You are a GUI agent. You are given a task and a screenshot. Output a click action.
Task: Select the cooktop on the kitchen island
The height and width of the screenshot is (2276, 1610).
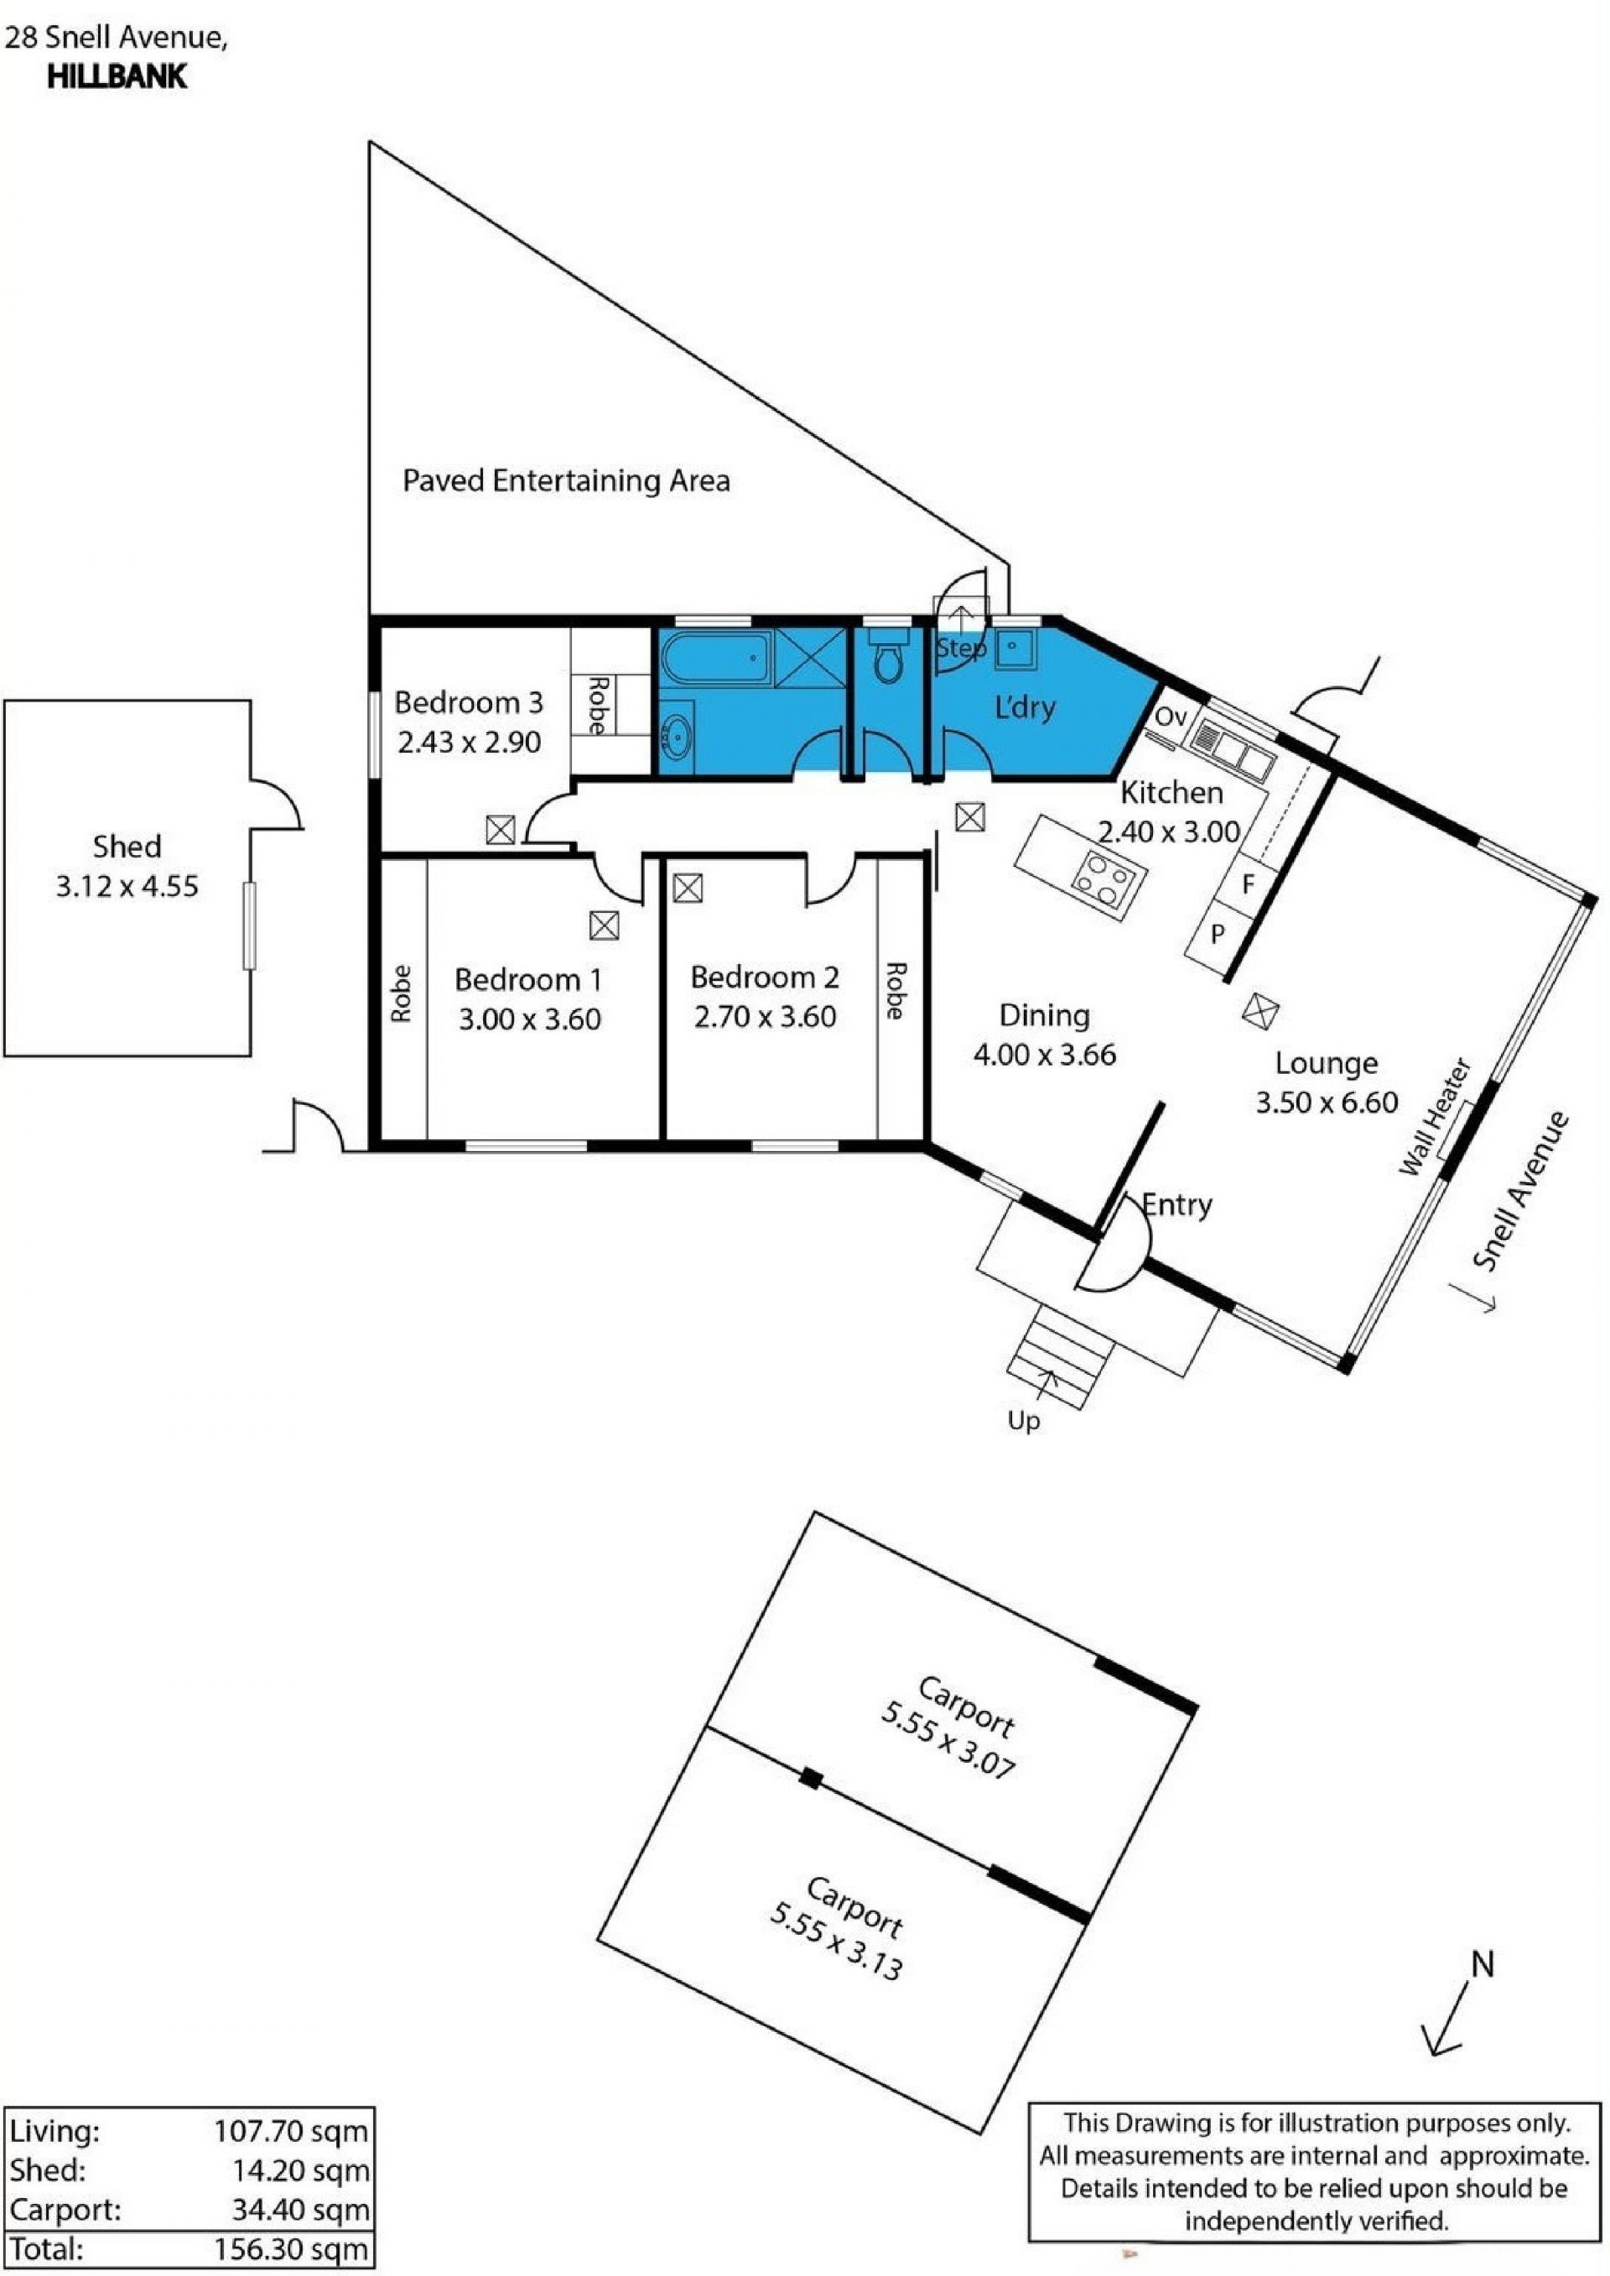click(x=1109, y=873)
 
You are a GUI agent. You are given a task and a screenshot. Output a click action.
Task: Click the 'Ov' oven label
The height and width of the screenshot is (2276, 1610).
click(x=1171, y=716)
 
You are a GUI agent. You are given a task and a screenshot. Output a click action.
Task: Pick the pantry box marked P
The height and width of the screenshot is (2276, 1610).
click(x=1218, y=934)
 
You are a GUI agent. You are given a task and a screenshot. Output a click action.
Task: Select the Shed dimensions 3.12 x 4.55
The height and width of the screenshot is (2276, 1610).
click(x=127, y=885)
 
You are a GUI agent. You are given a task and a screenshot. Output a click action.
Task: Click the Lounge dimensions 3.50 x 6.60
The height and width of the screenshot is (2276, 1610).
click(x=1327, y=1102)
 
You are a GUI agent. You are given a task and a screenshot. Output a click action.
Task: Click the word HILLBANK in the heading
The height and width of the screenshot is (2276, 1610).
click(x=117, y=77)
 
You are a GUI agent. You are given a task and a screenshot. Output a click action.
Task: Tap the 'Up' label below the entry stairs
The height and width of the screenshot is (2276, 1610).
click(x=1023, y=1422)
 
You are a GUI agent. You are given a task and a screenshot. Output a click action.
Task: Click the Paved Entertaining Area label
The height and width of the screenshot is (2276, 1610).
click(x=566, y=481)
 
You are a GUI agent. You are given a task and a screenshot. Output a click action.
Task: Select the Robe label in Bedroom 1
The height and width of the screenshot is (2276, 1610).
click(x=402, y=993)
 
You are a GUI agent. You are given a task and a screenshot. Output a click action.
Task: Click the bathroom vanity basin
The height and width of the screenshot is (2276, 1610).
click(x=677, y=734)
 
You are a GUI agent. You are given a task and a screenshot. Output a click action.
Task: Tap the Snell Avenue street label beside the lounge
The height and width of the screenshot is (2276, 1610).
click(x=1521, y=1191)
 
